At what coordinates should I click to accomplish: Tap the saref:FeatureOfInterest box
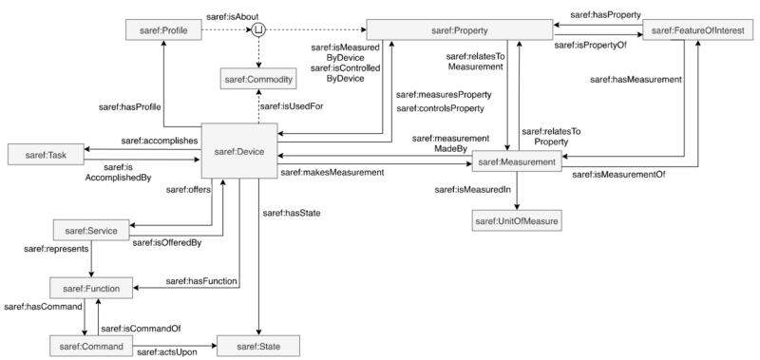(698, 31)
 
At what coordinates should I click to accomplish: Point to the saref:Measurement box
(515, 163)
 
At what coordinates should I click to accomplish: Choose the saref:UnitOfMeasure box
(516, 222)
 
